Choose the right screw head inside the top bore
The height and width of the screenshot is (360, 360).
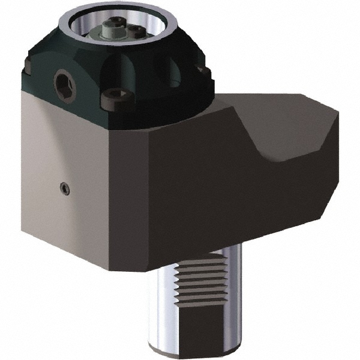pyautogui.click(x=137, y=29)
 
